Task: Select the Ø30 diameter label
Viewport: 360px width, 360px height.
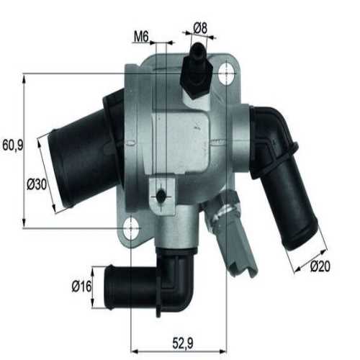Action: [x=37, y=184]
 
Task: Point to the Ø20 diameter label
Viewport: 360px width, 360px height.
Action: [x=320, y=267]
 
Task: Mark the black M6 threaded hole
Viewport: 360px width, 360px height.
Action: [x=161, y=194]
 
